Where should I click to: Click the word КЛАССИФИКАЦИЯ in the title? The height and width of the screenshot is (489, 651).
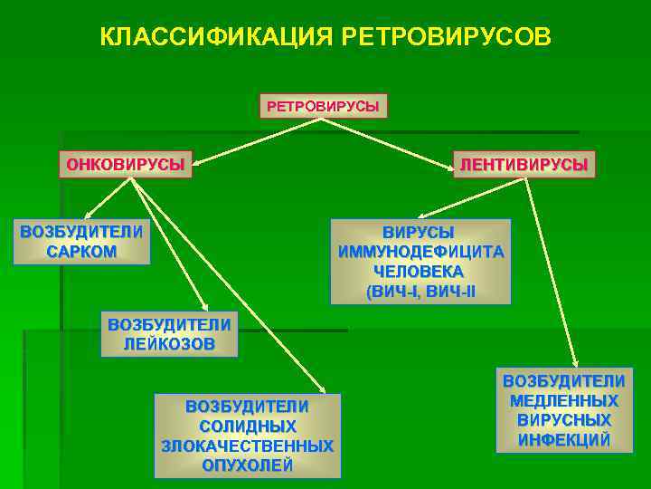point(216,37)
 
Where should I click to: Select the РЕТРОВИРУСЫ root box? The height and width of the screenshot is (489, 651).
point(323,106)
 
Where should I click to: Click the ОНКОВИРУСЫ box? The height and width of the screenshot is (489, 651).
point(126,164)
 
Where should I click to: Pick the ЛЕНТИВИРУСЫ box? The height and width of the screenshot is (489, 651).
point(524,164)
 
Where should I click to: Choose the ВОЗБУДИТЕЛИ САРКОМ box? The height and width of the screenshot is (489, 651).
point(81,241)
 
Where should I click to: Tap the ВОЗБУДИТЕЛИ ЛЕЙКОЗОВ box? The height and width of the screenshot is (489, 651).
point(169,334)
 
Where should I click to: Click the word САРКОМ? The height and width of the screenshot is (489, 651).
point(81,251)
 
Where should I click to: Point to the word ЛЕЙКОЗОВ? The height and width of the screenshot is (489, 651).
point(169,344)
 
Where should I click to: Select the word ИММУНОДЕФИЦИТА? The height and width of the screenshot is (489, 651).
point(420,252)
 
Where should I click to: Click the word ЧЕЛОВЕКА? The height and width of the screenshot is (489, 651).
point(420,272)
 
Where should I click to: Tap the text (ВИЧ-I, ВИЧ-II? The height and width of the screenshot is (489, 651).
point(420,292)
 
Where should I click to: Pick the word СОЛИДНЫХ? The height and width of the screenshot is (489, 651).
point(247,426)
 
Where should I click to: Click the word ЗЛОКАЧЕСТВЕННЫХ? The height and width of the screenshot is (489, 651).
point(247,446)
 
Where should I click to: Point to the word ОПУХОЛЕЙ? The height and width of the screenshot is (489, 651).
point(247,465)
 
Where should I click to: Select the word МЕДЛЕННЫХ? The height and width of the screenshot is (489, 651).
point(564,400)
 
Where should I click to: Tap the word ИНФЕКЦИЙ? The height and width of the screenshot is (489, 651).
point(564,440)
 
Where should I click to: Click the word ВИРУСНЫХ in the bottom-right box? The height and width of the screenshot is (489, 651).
point(564,420)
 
